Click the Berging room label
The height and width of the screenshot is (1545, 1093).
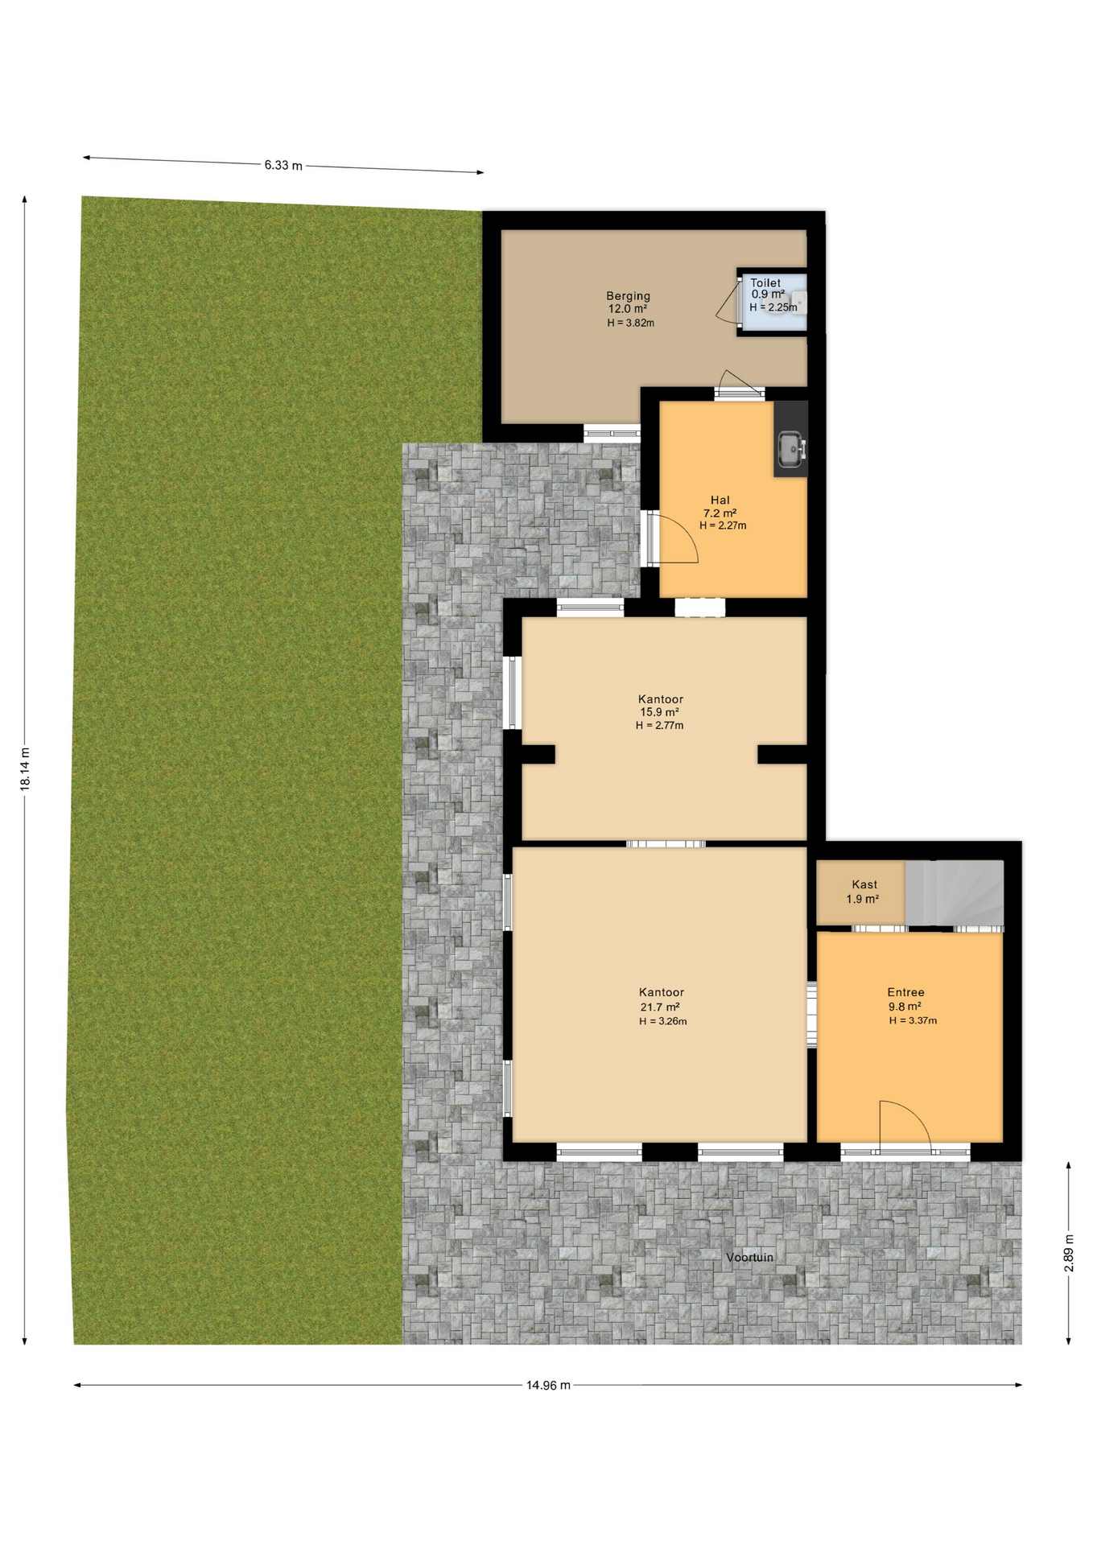tap(628, 296)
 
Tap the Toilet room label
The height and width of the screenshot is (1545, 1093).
tap(765, 283)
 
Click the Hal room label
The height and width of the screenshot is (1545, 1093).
tap(720, 500)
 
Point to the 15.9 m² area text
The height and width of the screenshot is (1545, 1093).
tap(659, 712)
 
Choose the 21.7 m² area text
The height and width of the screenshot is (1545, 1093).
tap(660, 1007)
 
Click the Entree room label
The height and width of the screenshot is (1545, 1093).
tap(905, 992)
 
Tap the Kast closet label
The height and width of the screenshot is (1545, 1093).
tap(864, 884)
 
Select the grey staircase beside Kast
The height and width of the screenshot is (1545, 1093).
tap(955, 893)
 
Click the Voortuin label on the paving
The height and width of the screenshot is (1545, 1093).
tap(749, 1257)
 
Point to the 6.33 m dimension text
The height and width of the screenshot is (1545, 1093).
tap(283, 166)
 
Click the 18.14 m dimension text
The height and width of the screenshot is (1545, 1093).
tap(25, 769)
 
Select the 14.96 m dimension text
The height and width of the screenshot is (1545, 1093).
tap(548, 1385)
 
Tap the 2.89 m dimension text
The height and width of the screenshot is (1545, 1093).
tap(1069, 1253)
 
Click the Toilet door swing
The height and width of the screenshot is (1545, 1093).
tap(728, 303)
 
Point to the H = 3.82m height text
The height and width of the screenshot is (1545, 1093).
tap(630, 323)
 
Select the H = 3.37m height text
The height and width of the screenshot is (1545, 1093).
tap(913, 1020)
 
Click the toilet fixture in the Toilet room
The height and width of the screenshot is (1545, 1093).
tap(798, 303)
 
